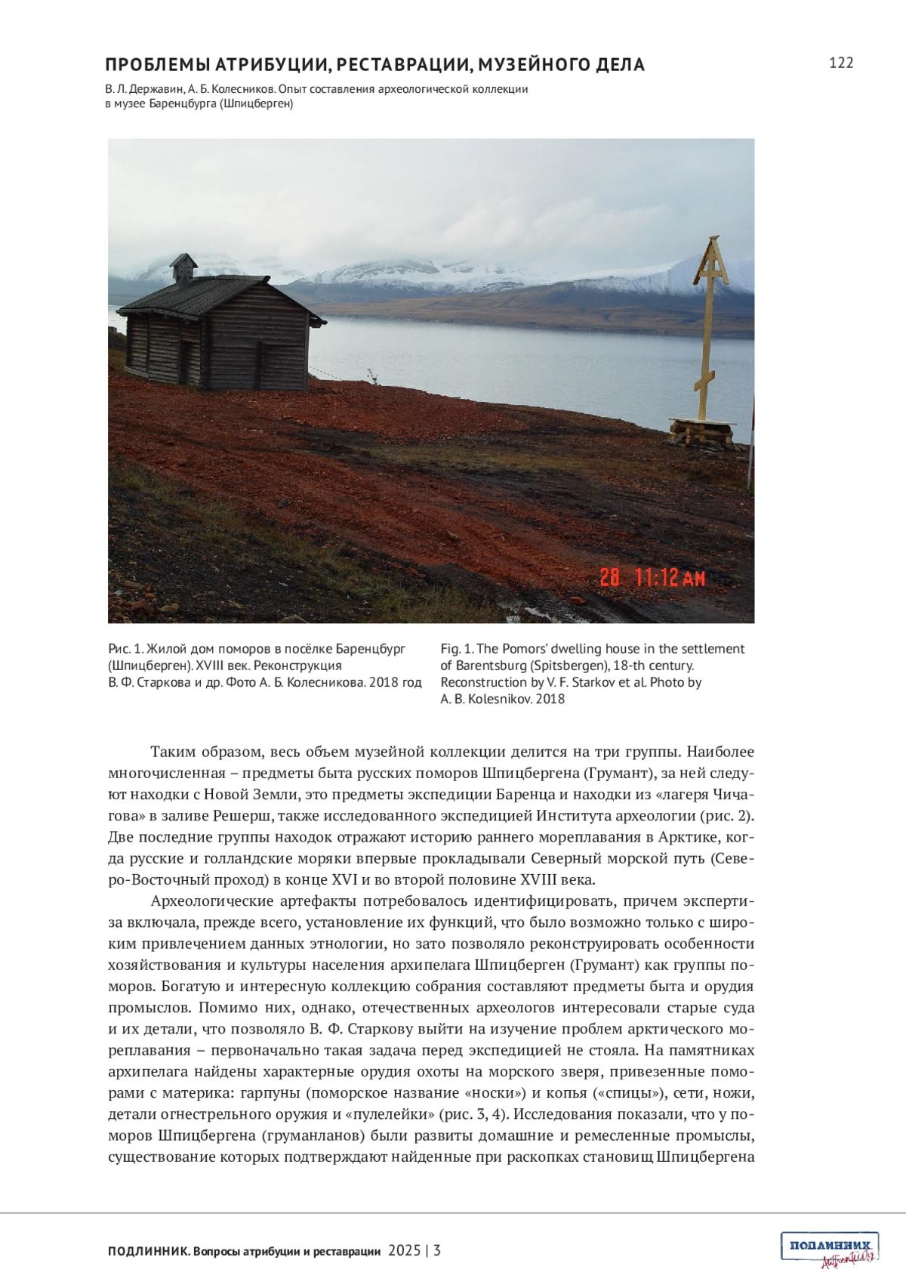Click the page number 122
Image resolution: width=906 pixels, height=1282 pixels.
(x=840, y=63)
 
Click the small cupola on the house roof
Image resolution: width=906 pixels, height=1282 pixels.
(x=183, y=268)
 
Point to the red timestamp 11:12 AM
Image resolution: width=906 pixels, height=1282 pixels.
(x=670, y=578)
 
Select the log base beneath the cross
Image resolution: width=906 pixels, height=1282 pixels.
(x=702, y=434)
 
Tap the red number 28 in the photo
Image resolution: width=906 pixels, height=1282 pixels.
(x=609, y=578)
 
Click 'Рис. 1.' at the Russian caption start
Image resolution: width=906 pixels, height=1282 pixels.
(x=125, y=649)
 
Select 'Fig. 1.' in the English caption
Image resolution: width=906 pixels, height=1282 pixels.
(x=457, y=649)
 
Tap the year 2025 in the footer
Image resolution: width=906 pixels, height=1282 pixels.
(x=404, y=1250)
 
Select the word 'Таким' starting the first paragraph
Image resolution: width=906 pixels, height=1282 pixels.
(x=173, y=752)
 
